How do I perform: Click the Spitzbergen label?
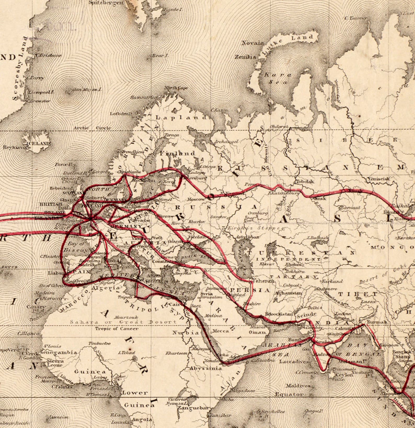pyautogui.click(x=106, y=3)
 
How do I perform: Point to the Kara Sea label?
pyautogui.click(x=277, y=78)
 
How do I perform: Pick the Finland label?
pyautogui.click(x=177, y=153)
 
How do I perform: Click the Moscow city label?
pyautogui.click(x=196, y=199)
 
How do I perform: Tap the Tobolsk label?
pyautogui.click(x=305, y=181)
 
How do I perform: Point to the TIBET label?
pyautogui.click(x=358, y=294)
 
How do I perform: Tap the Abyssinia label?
pyautogui.click(x=206, y=368)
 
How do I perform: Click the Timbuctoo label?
pyautogui.click(x=99, y=343)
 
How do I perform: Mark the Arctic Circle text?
pyautogui.click(x=92, y=128)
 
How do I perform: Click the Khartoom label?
pyautogui.click(x=176, y=353)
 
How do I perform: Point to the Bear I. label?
pyautogui.click(x=160, y=56)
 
